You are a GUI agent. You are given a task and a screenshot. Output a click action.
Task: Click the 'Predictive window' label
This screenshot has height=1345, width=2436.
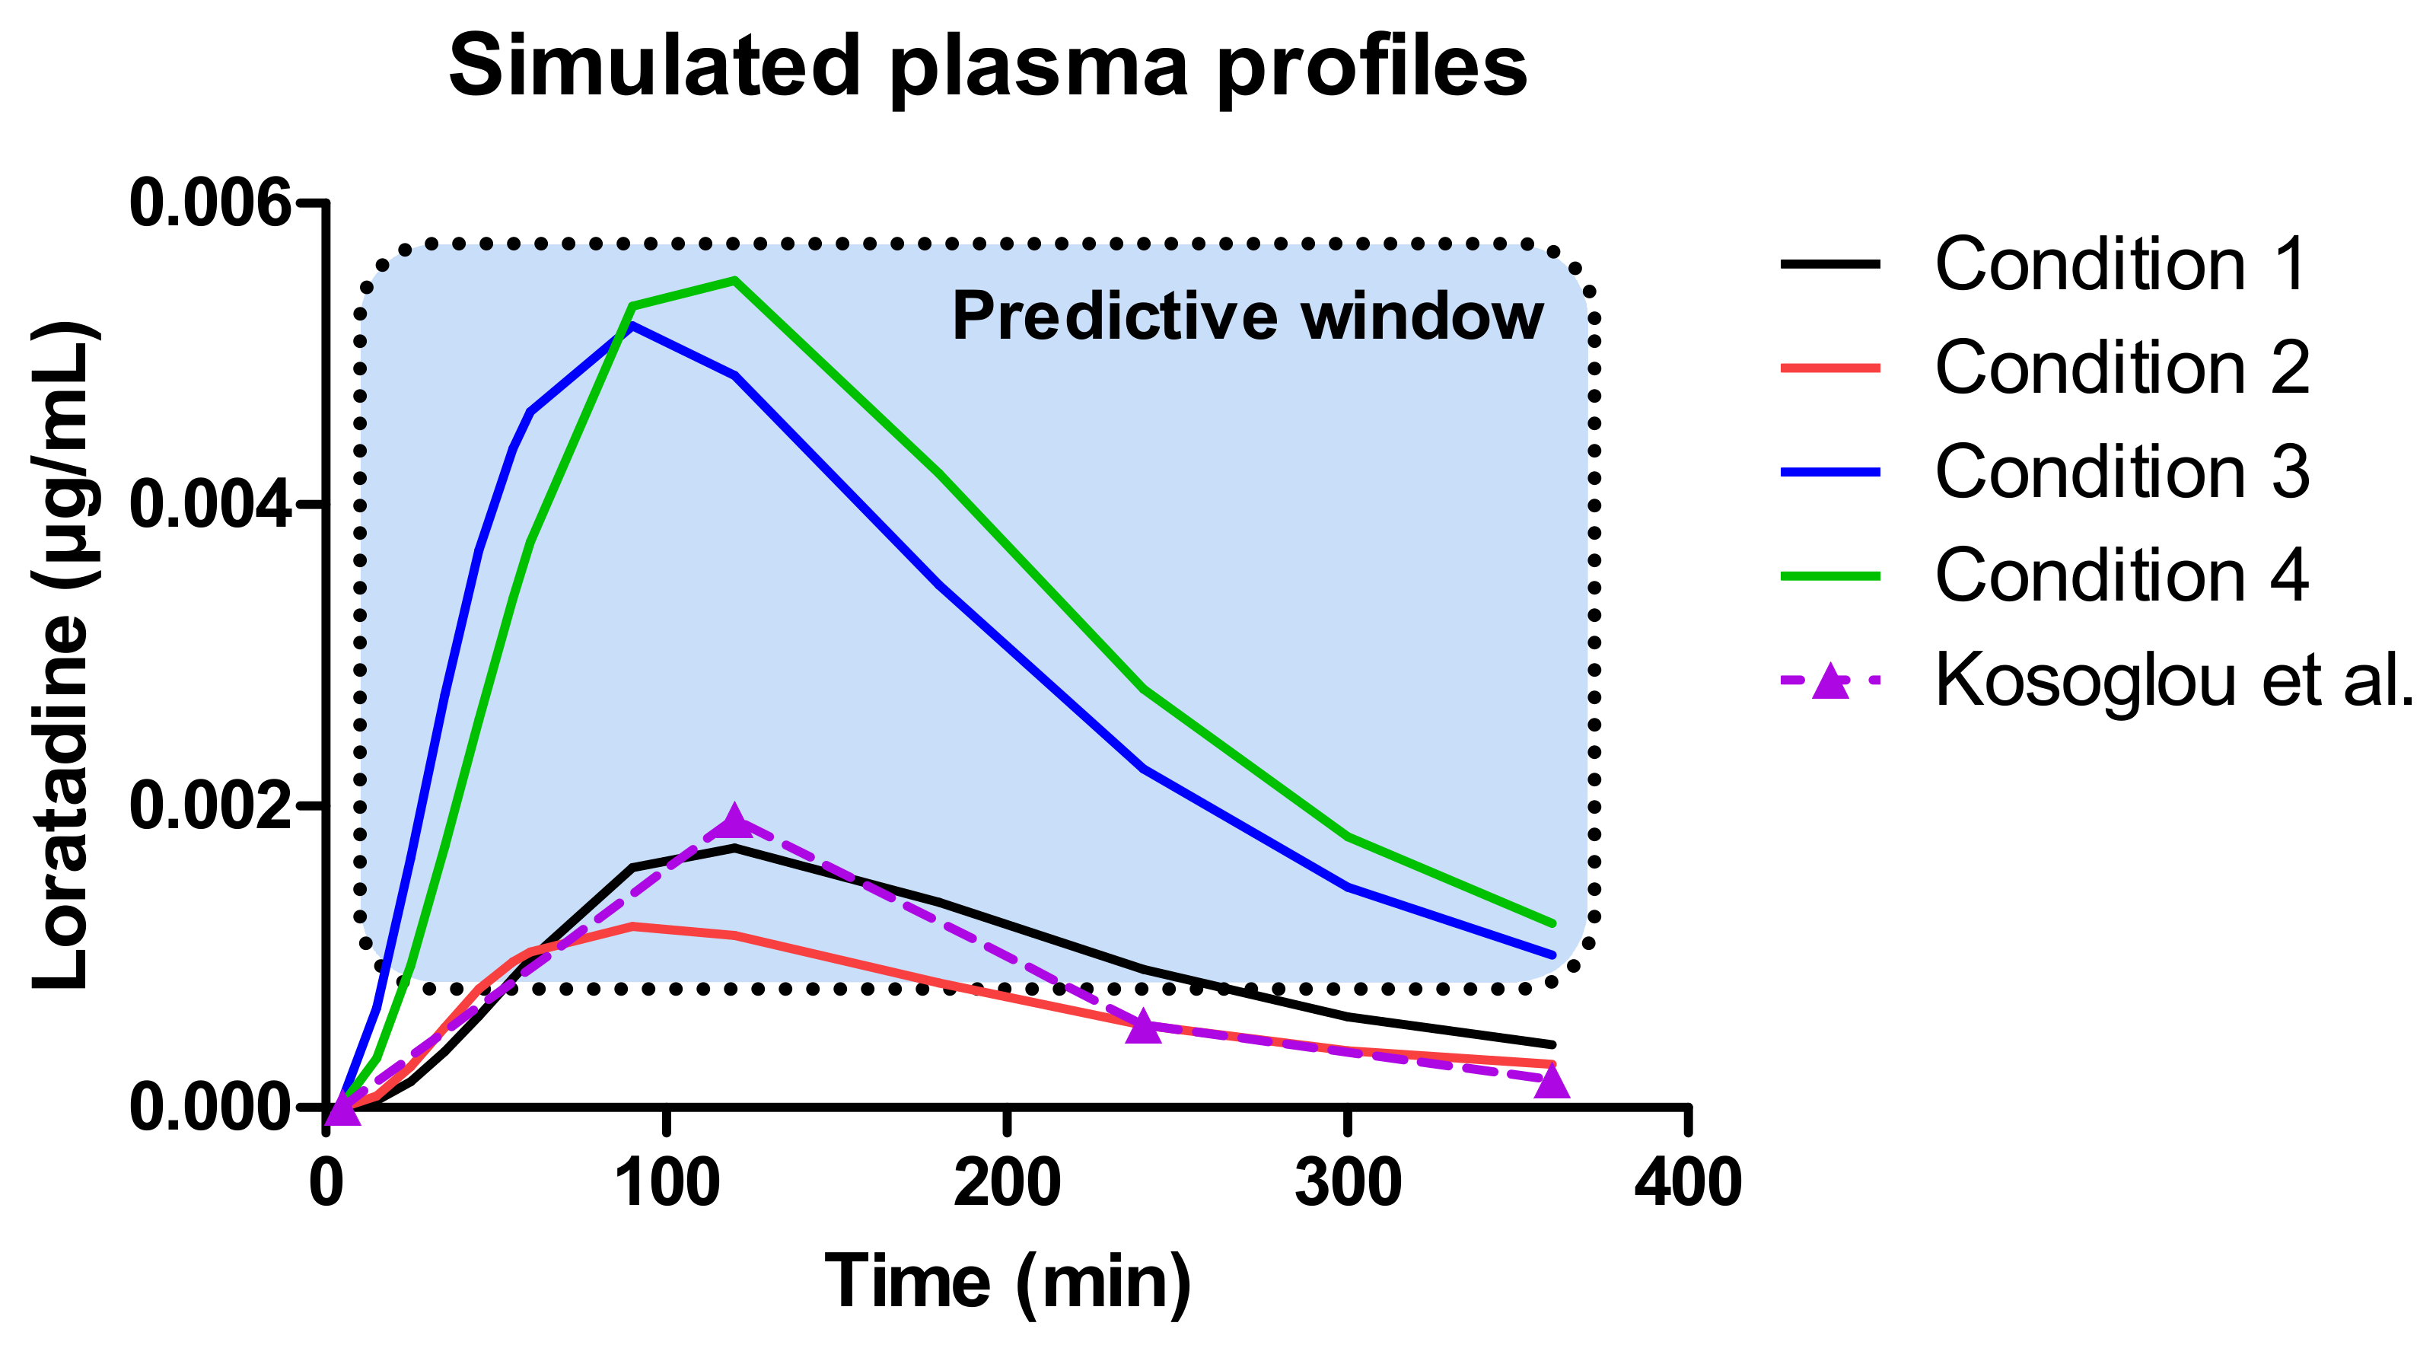[x=1247, y=316]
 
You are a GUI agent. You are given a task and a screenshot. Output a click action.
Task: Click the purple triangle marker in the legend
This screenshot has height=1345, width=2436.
[x=1829, y=681]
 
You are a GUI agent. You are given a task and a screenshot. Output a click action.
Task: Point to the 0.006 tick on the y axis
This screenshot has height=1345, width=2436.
[x=210, y=202]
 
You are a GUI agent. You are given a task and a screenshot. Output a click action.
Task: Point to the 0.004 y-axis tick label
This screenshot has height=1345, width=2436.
[x=210, y=504]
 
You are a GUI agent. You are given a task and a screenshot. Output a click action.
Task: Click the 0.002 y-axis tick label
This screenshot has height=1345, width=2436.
[x=210, y=806]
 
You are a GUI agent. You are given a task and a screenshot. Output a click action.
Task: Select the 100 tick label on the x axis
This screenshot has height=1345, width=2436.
[x=667, y=1182]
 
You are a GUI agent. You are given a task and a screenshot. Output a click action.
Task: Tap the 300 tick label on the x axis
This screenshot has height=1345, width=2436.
[x=1348, y=1182]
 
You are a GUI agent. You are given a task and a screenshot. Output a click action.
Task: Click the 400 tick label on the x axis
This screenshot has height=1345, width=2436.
[x=1688, y=1182]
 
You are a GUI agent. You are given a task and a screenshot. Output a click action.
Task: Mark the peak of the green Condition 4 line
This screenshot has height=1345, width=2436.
[x=734, y=280]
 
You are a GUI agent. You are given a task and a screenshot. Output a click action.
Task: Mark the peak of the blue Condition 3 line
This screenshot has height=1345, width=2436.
[x=632, y=325]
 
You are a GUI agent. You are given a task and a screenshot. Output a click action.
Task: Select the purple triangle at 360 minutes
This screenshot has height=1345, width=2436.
[x=1552, y=1081]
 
